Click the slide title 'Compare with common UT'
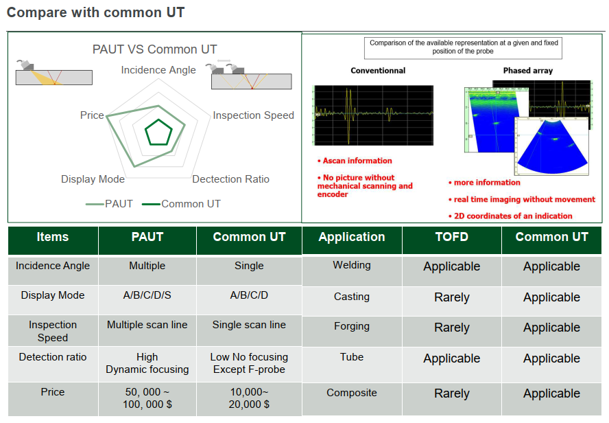(x=95, y=12)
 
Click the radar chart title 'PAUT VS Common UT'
(x=154, y=49)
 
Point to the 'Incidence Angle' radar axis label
(x=158, y=70)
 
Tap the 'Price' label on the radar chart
(x=92, y=115)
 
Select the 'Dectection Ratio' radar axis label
(x=230, y=179)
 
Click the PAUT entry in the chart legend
(x=109, y=204)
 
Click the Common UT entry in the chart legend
(x=181, y=204)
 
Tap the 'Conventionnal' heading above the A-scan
(x=378, y=70)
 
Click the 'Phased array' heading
(x=528, y=70)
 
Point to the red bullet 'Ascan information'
(x=355, y=161)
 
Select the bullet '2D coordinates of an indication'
(x=510, y=216)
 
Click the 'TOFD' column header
(x=452, y=237)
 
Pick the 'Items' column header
(x=53, y=237)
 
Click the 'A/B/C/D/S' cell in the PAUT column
(x=147, y=295)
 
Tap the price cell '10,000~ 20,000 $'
(x=249, y=398)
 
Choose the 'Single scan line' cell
(x=249, y=325)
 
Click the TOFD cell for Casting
(x=452, y=297)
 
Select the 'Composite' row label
(x=352, y=393)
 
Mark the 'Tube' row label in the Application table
(x=352, y=357)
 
